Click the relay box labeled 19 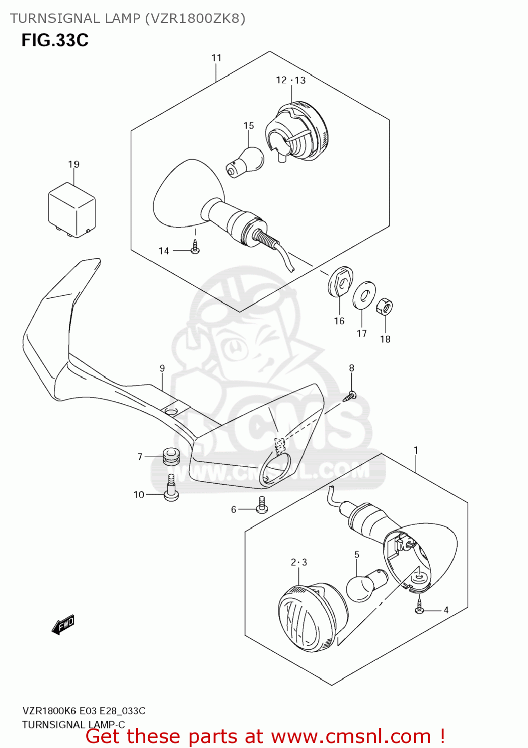tap(71, 209)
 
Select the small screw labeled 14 tap(196, 248)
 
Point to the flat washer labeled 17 tap(364, 295)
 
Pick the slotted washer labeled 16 tap(340, 282)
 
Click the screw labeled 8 tap(351, 396)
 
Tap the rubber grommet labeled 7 tap(171, 456)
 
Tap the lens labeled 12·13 tap(298, 131)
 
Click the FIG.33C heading tap(55, 40)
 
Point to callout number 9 tap(162, 369)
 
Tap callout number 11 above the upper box tap(216, 58)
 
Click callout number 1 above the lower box tap(416, 450)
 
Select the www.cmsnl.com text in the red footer tap(351, 736)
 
